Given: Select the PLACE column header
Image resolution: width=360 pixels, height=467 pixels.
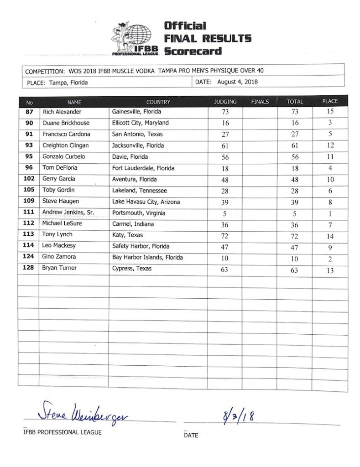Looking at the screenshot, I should pos(330,101).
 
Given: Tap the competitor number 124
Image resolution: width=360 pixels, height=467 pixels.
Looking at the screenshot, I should pos(29,257).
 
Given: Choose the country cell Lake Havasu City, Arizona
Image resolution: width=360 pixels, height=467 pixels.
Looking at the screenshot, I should pos(146,202).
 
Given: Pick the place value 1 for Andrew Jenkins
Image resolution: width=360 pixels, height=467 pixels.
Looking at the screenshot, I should pos(330,213).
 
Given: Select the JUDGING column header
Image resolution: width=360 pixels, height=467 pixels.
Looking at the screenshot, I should pos(225,102).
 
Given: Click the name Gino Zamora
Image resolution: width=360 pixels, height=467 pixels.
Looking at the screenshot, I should pos(59,257).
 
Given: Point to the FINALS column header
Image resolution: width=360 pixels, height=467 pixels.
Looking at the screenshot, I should pos(260,102).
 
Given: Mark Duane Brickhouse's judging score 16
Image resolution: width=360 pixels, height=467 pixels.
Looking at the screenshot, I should pos(225,123).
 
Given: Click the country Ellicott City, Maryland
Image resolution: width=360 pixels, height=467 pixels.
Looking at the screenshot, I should pos(140,123).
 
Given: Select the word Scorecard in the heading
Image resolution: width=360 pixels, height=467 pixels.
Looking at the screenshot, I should pos(193,51).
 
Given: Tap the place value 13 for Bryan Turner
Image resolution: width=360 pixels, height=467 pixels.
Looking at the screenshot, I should pos(330,270).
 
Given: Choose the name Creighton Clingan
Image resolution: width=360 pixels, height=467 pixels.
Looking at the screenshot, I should pos(65,145).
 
